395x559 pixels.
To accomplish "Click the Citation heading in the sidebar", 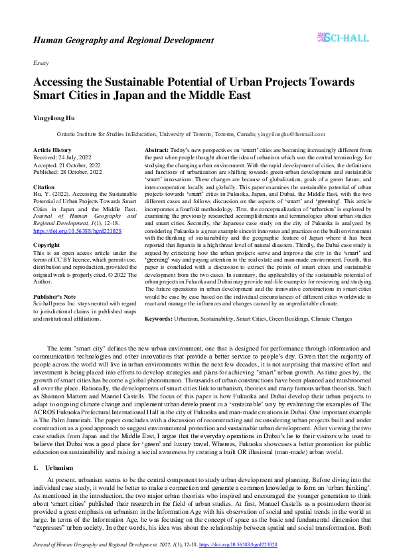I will [x=44, y=187].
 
